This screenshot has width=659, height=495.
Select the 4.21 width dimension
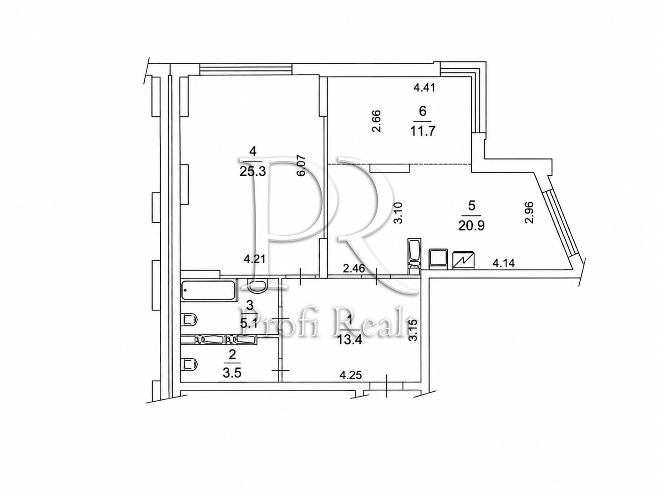(x=254, y=259)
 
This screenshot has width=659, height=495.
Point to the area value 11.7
(x=423, y=131)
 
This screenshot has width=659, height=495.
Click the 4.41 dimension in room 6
(x=424, y=87)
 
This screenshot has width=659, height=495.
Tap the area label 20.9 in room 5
(x=471, y=225)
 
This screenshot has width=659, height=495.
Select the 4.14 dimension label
(x=504, y=263)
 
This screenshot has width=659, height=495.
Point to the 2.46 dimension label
(x=354, y=268)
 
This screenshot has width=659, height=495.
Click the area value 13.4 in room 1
(x=349, y=341)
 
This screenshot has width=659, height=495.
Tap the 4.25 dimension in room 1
(x=350, y=375)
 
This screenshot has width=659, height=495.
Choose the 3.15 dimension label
(x=414, y=330)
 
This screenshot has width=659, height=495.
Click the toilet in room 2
(x=190, y=364)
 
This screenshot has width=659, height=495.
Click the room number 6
(x=423, y=111)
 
